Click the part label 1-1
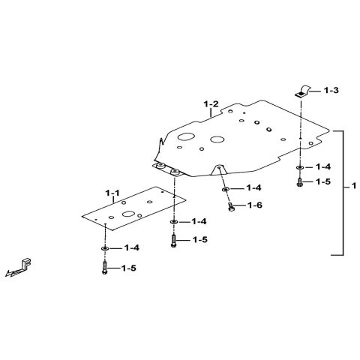pos(112,193)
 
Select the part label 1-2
pos(211,104)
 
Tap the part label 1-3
pos(331,90)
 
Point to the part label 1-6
pos(255,205)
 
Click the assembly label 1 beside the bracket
pos(354,186)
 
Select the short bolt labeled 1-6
pos(231,207)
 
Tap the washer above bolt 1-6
pos(225,189)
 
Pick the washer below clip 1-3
pos(299,167)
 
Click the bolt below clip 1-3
pos(299,182)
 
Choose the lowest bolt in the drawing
pos(105,268)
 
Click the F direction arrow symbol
pos(19,268)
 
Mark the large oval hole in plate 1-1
pos(129,214)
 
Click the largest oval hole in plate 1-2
pos(186,136)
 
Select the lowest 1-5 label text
pos(129,268)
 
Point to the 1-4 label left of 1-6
pos(253,187)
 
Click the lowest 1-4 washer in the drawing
pos(105,248)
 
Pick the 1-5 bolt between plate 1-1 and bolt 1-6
pos(174,241)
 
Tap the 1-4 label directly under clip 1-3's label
pos(323,166)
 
